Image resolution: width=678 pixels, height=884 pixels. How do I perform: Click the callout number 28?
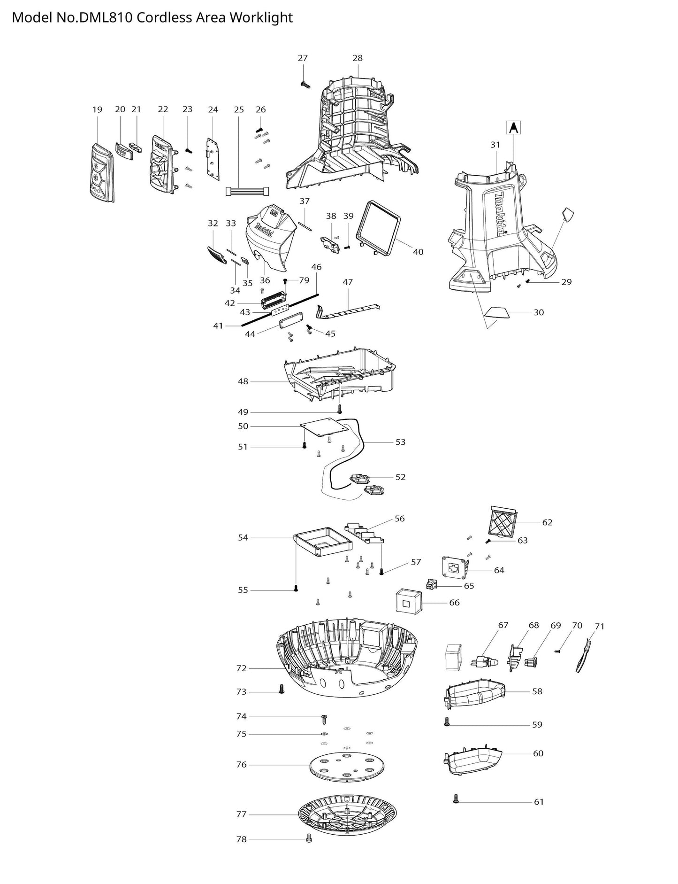[x=358, y=58]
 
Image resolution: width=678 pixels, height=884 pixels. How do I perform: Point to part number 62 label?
[x=547, y=522]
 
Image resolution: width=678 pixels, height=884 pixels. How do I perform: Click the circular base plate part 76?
[x=346, y=766]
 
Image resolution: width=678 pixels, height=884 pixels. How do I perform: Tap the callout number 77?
[x=241, y=814]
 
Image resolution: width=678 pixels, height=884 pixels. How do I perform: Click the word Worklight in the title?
[x=265, y=17]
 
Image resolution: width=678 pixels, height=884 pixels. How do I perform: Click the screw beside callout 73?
[x=282, y=689]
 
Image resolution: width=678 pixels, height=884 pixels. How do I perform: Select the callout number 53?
[x=400, y=442]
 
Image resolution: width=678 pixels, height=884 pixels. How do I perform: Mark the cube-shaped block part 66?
[x=408, y=601]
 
